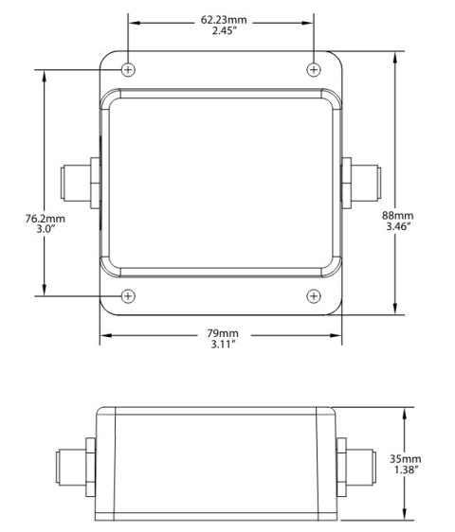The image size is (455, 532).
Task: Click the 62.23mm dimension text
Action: click(221, 18)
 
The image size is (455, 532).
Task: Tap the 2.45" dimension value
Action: click(221, 30)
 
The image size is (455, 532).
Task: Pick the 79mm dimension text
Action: click(222, 334)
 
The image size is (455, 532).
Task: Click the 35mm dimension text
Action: click(406, 459)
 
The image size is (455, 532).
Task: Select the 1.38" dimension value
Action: click(406, 470)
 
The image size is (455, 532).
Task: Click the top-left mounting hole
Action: click(129, 69)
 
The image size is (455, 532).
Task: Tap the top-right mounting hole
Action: click(315, 69)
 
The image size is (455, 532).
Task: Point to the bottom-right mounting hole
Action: click(315, 296)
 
